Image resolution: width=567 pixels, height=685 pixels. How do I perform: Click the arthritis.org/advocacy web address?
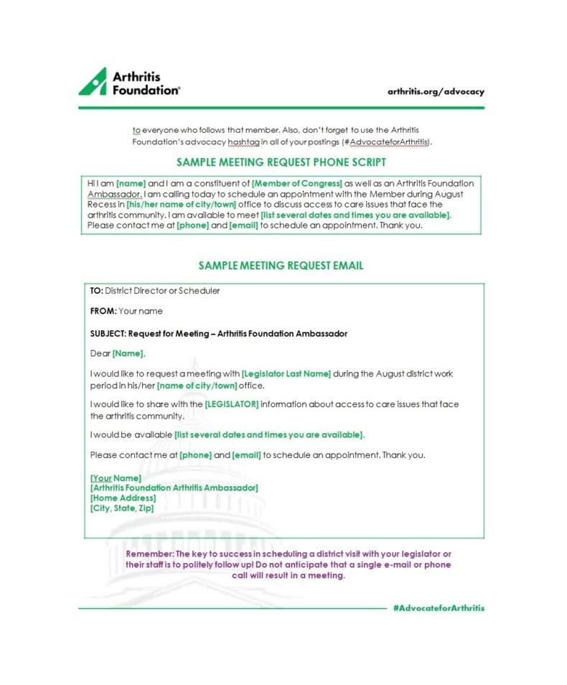pos(436,92)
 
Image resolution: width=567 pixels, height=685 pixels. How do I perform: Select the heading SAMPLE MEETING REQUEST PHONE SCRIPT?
pos(281,162)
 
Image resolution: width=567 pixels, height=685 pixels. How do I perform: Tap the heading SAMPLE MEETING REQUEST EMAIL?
pos(281,266)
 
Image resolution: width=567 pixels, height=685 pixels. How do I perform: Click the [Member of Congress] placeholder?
pos(296,184)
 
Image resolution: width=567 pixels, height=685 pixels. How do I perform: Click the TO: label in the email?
pos(97,291)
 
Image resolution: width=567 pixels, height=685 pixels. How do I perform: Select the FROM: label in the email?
pos(103,311)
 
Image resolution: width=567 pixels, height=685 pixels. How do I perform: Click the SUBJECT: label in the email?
pos(108,334)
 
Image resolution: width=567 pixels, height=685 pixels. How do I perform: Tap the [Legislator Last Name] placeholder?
pos(286,374)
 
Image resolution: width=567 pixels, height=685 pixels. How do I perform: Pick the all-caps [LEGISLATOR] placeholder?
pos(231,404)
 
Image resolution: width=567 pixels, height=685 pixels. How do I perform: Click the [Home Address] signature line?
pos(123,498)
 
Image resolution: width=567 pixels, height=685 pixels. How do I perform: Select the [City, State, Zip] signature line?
pos(121,508)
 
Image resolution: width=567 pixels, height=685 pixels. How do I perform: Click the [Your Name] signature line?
pos(116,477)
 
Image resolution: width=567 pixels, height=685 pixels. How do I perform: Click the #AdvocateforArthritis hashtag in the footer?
pos(439,608)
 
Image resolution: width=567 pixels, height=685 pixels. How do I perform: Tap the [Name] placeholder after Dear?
pos(128,353)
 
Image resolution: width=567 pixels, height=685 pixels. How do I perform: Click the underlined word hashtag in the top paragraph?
pos(243,142)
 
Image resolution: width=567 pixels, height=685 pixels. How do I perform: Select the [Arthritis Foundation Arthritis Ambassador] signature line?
pos(174,488)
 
